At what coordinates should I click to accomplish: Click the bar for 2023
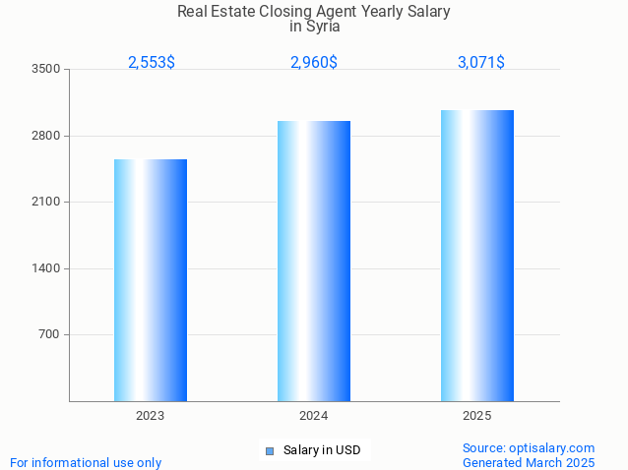[151, 280]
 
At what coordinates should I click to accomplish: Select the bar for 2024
[314, 261]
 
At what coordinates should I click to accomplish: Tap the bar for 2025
[477, 256]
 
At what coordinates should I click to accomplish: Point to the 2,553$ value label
[152, 62]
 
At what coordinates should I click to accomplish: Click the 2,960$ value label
[314, 62]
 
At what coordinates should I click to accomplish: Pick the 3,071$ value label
[481, 62]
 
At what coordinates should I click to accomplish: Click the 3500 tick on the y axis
[46, 70]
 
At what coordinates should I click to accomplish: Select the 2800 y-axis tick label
[46, 136]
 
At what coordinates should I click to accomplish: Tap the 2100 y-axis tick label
[46, 203]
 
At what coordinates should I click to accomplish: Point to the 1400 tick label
[46, 268]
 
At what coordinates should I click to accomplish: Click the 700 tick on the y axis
[49, 335]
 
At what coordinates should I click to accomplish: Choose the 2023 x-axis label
[151, 416]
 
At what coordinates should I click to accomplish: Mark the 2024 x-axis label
[314, 416]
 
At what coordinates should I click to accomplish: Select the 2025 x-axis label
[477, 416]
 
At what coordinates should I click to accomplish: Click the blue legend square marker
[269, 451]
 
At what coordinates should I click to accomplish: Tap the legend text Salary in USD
[322, 450]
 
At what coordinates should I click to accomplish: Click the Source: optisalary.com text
[529, 447]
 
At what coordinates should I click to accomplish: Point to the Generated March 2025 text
[529, 462]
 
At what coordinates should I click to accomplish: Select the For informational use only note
[86, 462]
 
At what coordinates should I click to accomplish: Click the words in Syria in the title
[314, 27]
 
